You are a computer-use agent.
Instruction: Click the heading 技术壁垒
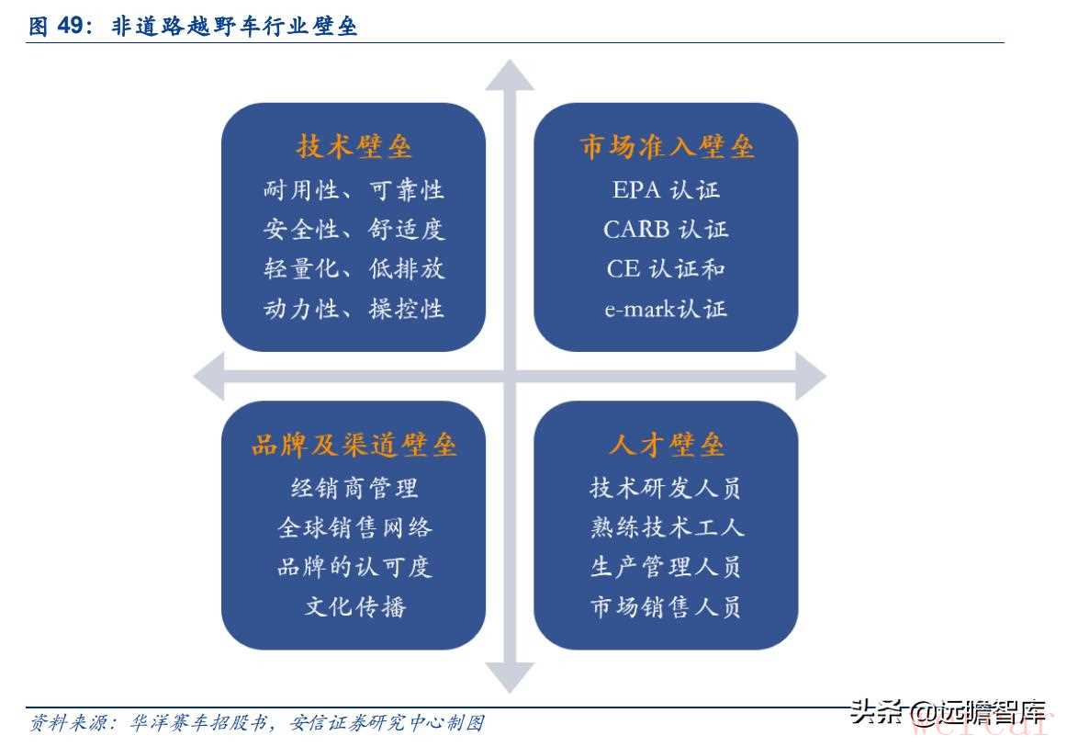[x=354, y=146]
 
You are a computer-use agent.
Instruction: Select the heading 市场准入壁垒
[x=667, y=146]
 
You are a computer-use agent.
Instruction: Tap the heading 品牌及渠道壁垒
[x=354, y=445]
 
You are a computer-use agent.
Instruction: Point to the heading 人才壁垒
[x=667, y=445]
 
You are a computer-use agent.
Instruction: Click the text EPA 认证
[x=667, y=189]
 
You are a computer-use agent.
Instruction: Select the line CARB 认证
[x=667, y=229]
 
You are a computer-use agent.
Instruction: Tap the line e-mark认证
[x=667, y=309]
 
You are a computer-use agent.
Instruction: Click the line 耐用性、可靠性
[x=354, y=189]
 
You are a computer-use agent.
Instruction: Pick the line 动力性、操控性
[x=354, y=309]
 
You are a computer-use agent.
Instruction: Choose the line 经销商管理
[x=354, y=488]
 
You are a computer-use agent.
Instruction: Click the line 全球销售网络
[x=354, y=527]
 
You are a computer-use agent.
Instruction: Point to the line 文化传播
[x=354, y=606]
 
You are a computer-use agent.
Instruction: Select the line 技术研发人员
[x=667, y=488]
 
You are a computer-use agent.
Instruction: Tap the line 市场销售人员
[x=667, y=606]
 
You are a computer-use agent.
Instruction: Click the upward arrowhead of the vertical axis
[x=510, y=75]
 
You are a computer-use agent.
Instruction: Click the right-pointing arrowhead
[x=811, y=376]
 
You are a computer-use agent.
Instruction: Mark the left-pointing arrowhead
[x=209, y=376]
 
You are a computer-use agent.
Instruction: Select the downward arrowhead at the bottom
[x=510, y=677]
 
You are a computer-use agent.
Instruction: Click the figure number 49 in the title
[x=70, y=26]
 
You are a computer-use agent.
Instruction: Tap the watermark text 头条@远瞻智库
[x=948, y=712]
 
